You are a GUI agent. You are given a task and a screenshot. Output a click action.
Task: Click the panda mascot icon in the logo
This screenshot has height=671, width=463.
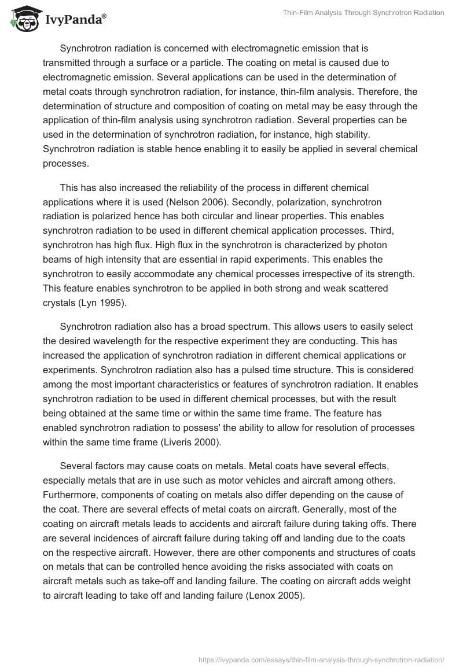tap(23, 19)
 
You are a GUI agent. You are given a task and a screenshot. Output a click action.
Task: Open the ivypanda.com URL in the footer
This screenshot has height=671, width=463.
tap(321, 659)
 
